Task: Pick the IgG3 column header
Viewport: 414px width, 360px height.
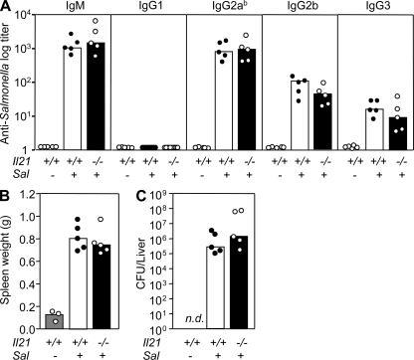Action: click(379, 17)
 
